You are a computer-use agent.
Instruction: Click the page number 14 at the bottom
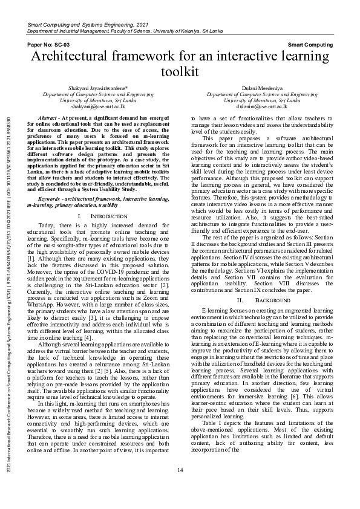pos(180,487)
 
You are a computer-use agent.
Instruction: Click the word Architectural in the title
pos(78,58)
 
